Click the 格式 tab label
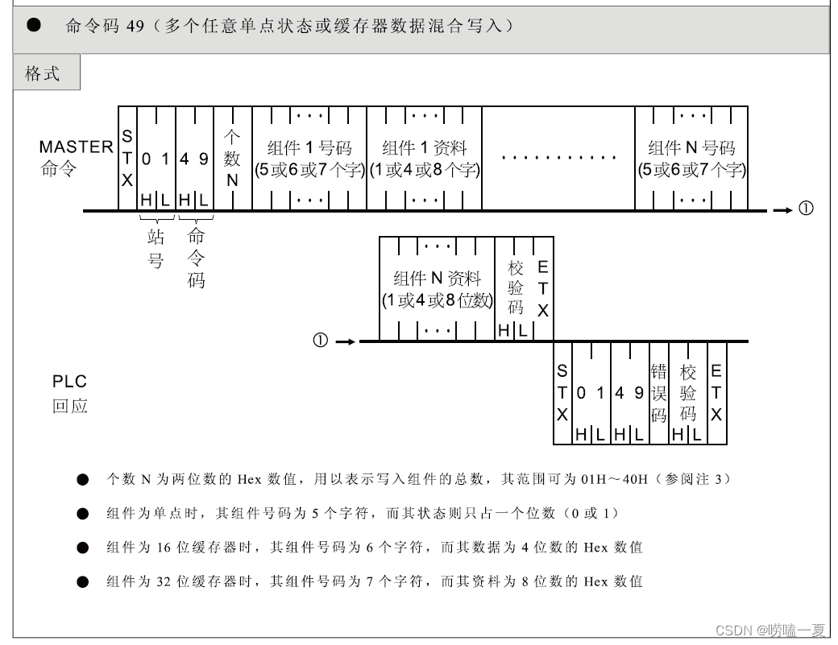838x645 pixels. pos(43,73)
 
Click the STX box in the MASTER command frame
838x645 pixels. pos(127,159)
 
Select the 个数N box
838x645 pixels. pos(232,159)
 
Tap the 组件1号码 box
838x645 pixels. pos(309,159)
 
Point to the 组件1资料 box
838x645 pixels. pos(424,159)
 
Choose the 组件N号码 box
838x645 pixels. pos(691,159)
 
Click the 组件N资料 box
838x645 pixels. pos(437,288)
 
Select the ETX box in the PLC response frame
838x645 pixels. pos(716,393)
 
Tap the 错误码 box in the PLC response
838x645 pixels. pos(658,393)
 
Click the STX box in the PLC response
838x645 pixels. pos(562,393)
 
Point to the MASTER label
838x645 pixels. pos(76,147)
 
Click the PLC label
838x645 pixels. pos(69,381)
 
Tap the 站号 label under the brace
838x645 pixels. pos(156,249)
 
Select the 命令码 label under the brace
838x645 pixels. pos(196,258)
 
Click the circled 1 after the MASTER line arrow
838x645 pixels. pos(806,209)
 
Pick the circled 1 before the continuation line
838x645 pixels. pos(320,341)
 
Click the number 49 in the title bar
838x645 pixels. pos(135,27)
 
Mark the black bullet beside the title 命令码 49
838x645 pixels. pos(33,26)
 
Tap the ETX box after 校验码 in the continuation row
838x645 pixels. pos(542,288)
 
